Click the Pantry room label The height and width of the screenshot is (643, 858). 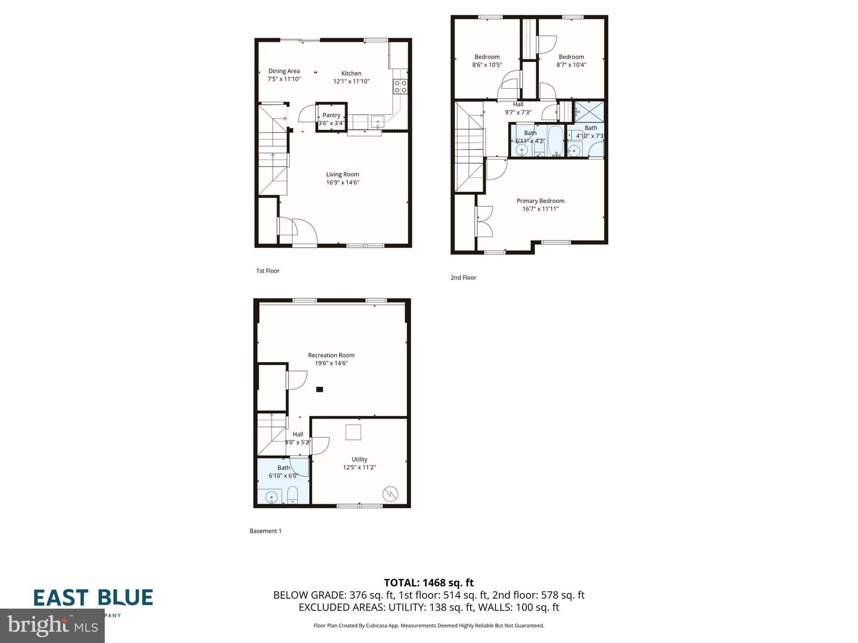pos(331,116)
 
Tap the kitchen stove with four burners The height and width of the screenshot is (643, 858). pos(400,86)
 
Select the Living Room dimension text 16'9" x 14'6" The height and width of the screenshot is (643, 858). pos(343,183)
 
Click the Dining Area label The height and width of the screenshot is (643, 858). pos(284,71)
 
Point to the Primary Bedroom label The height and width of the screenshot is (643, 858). pos(540,201)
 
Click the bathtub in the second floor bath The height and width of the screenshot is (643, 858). pos(555,141)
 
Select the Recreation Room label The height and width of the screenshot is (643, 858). pos(331,355)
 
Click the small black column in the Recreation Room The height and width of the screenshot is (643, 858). pos(319,389)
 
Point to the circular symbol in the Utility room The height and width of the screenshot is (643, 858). pos(390,494)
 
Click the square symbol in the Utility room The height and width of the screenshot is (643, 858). pos(354,432)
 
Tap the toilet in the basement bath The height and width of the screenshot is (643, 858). pos(293,495)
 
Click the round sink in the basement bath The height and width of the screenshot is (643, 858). pos(272,497)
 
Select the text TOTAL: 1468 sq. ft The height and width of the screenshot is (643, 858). pos(428,583)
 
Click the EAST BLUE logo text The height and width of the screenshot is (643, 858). pos(93,597)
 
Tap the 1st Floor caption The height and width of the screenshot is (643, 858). pos(268,271)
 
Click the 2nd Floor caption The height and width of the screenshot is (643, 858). pos(464,277)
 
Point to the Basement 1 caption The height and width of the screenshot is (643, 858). pos(266,531)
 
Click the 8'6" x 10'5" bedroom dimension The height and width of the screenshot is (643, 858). pos(487,65)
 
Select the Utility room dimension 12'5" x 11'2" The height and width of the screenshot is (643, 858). pos(359,467)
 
